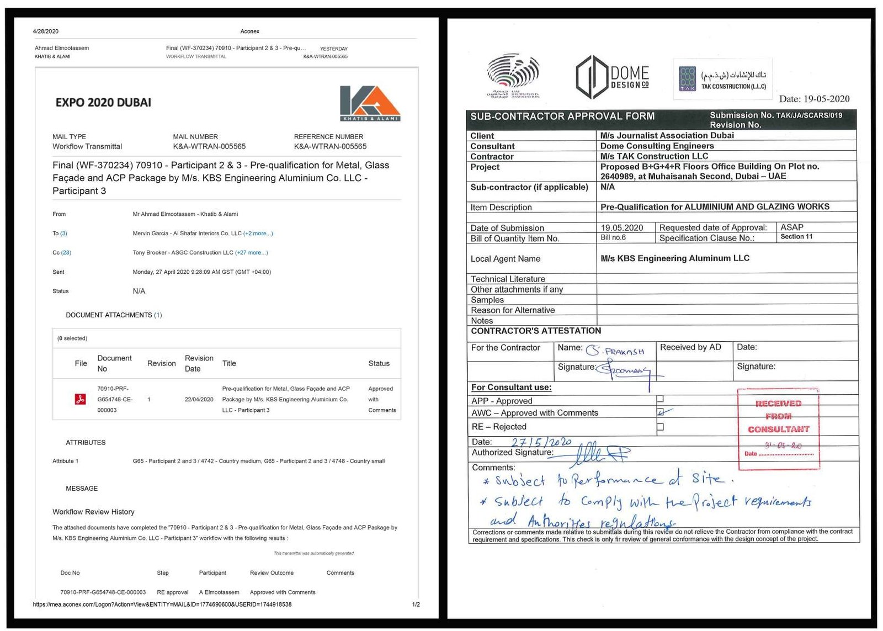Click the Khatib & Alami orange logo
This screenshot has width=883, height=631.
[369, 103]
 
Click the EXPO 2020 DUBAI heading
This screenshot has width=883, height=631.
[103, 103]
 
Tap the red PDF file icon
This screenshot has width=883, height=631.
[80, 399]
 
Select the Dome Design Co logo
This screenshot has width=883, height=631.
[612, 78]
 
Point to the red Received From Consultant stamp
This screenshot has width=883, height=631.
[778, 429]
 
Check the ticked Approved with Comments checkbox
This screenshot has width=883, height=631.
[661, 412]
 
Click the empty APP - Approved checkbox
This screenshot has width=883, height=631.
[660, 399]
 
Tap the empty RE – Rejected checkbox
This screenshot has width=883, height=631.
[660, 427]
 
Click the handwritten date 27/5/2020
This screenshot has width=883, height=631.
[541, 442]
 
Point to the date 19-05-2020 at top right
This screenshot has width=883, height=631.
[814, 99]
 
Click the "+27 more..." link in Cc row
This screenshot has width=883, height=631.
[252, 253]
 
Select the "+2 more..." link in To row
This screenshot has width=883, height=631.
[258, 234]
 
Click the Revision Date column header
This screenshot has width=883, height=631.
[199, 363]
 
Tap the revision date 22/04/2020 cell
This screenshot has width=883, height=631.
[199, 400]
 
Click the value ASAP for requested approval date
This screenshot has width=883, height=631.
[791, 227]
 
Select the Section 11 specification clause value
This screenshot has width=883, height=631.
[796, 237]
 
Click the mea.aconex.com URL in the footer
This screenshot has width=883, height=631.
[162, 605]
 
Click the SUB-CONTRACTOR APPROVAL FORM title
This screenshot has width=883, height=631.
[562, 116]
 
